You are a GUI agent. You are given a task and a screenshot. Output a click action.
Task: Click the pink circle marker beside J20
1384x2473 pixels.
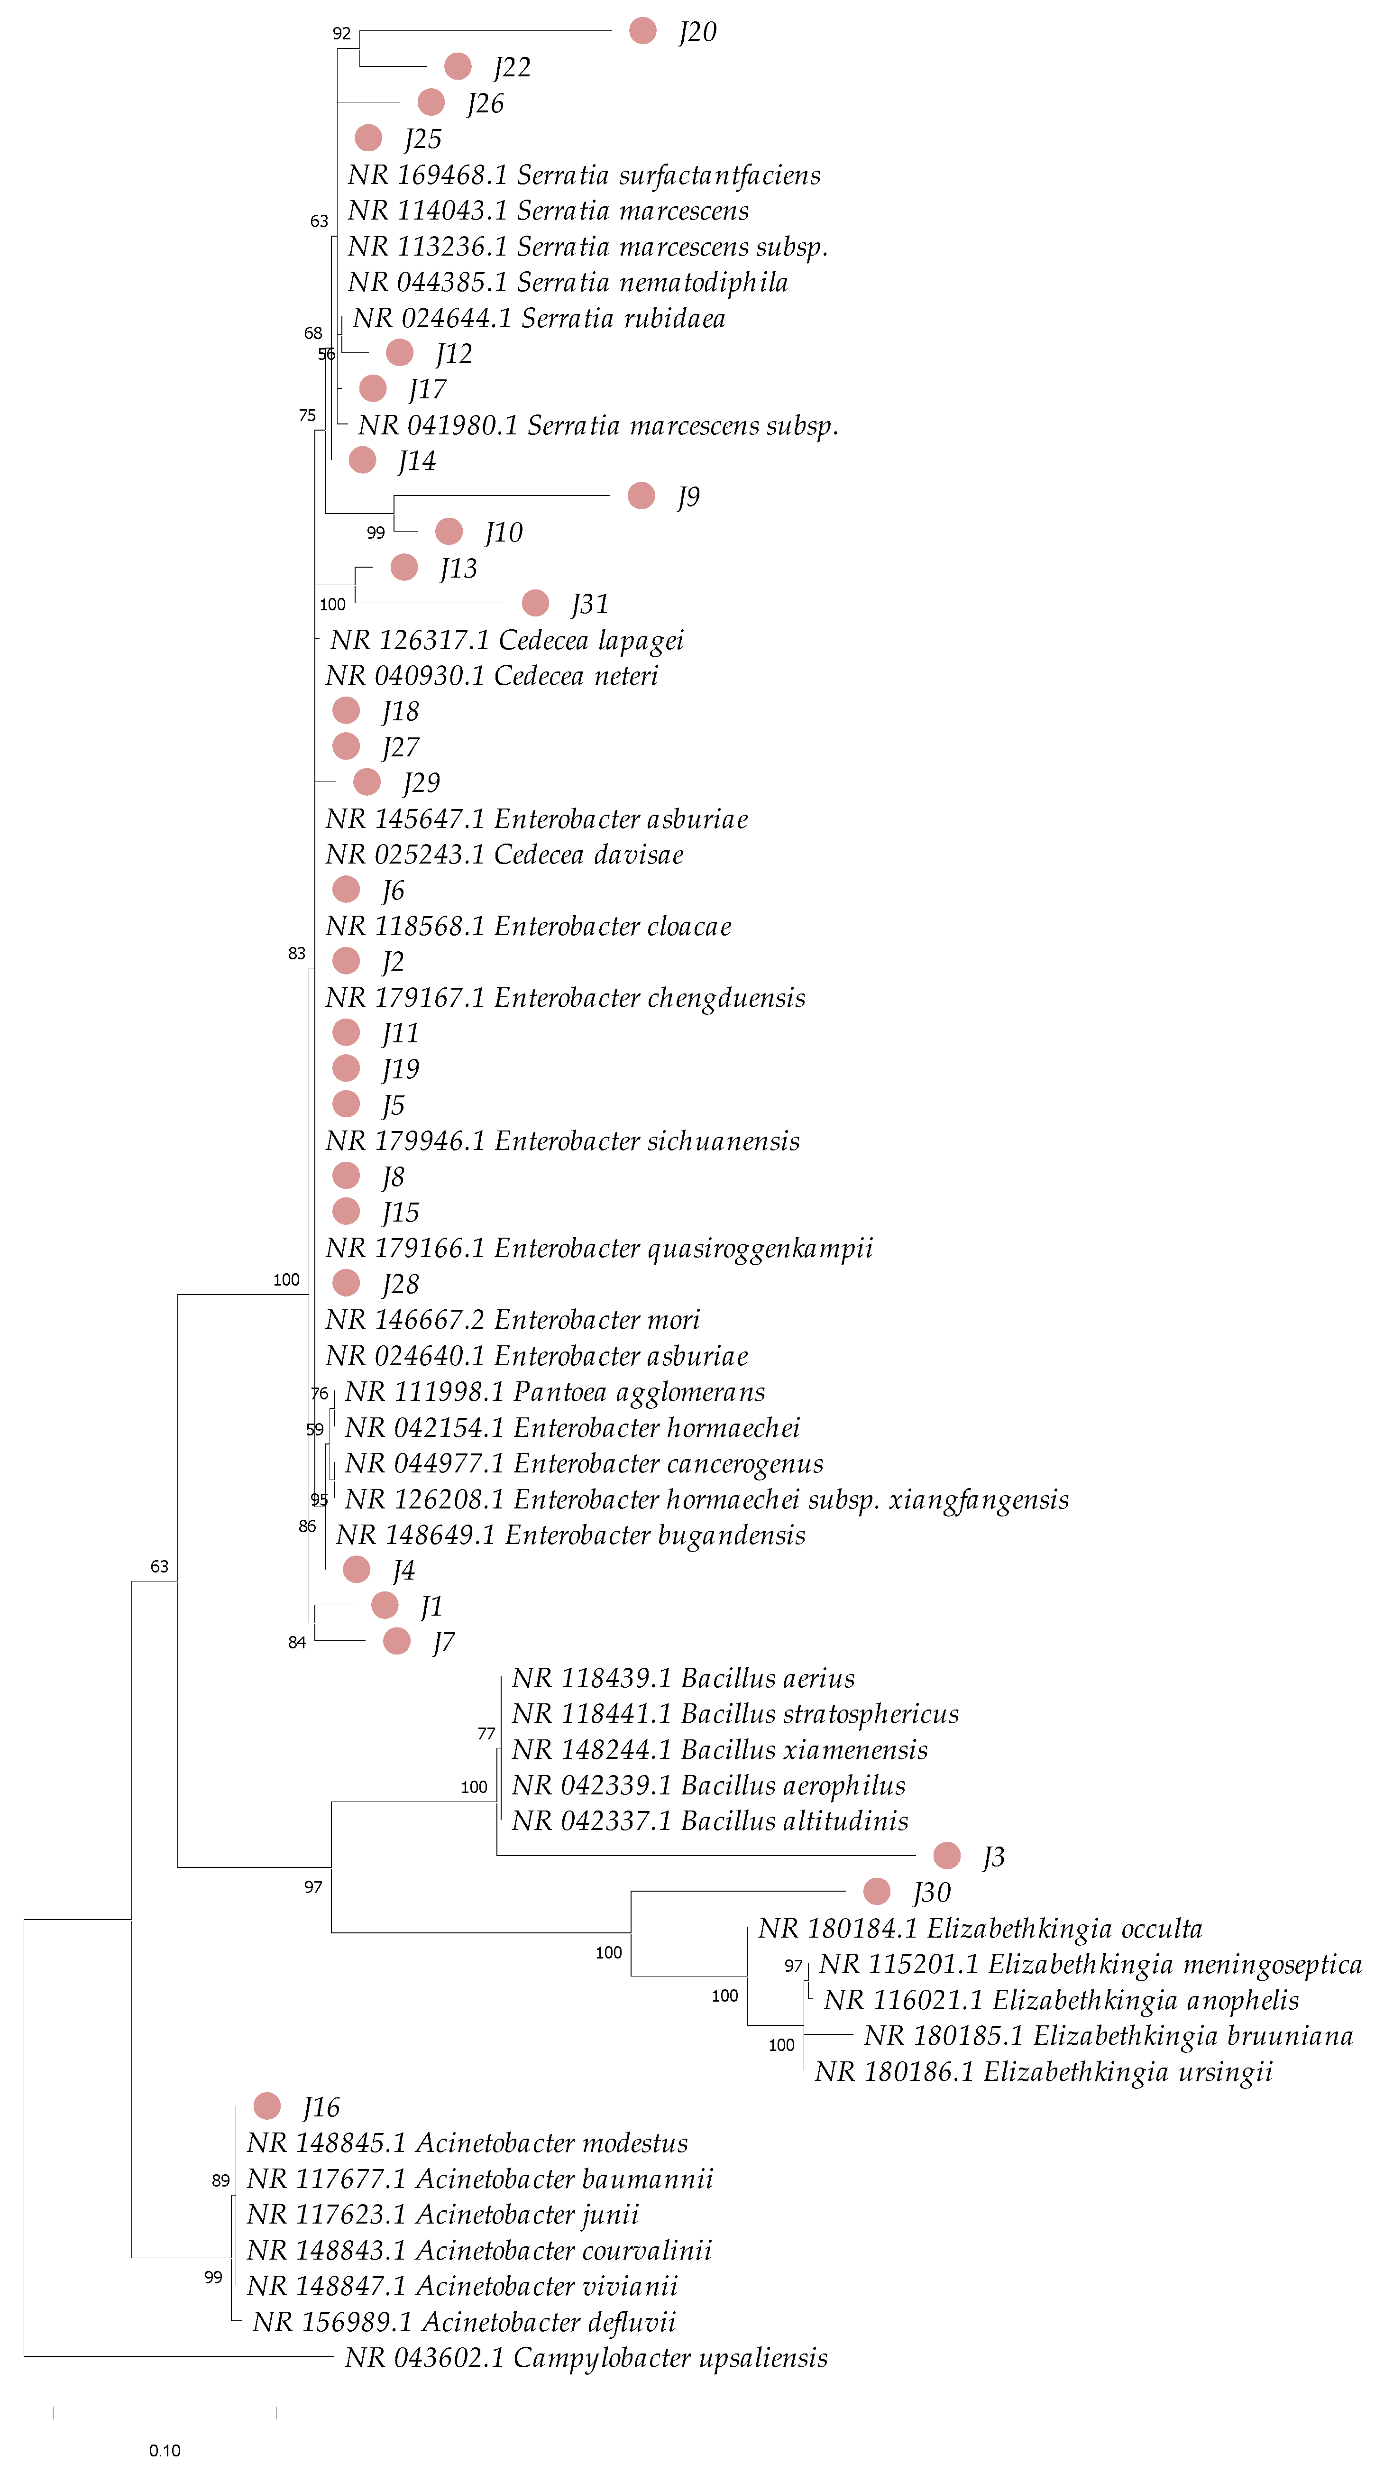pos(642,31)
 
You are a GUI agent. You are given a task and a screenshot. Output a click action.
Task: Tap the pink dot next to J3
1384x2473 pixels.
pos(946,1856)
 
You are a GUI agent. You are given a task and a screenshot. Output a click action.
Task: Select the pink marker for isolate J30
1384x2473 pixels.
pos(876,1891)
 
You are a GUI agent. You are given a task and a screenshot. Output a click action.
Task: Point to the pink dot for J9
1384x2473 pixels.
pos(641,496)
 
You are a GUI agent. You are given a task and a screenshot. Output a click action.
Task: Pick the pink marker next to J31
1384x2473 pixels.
pos(535,603)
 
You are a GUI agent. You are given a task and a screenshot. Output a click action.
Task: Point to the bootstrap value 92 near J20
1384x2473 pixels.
pos(342,34)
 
